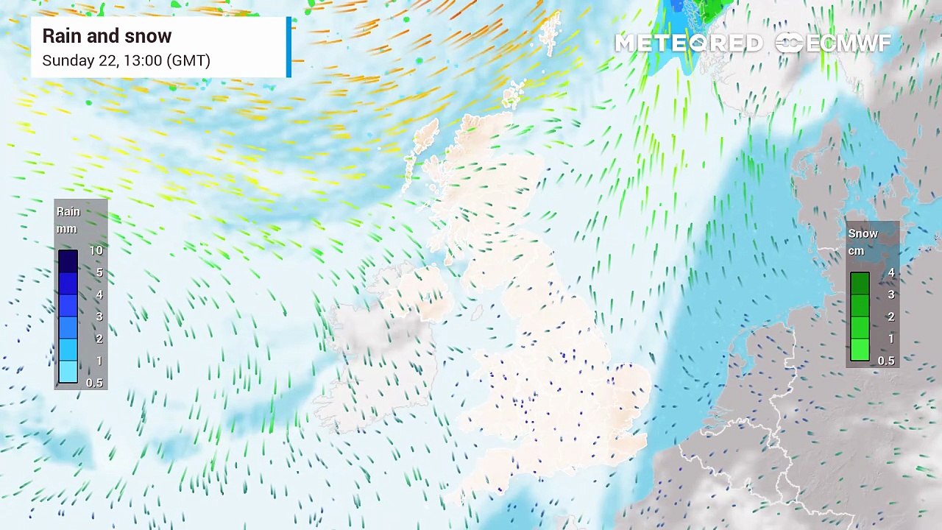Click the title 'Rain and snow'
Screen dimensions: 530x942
pyautogui.click(x=107, y=36)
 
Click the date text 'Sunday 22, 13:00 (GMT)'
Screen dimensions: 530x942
pyautogui.click(x=126, y=60)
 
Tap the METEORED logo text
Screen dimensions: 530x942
pyautogui.click(x=688, y=43)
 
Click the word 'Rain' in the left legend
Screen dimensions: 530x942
pyautogui.click(x=68, y=211)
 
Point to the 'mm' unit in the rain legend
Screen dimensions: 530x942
pyautogui.click(x=67, y=229)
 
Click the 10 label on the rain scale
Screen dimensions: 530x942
pyautogui.click(x=96, y=250)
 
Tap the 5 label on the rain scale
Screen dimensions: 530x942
pyautogui.click(x=99, y=272)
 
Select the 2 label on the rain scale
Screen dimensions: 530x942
pyautogui.click(x=99, y=339)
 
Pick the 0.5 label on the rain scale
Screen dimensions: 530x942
pyautogui.click(x=94, y=383)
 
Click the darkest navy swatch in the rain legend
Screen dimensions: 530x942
pyautogui.click(x=68, y=261)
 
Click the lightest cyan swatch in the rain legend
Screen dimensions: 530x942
pyautogui.click(x=68, y=372)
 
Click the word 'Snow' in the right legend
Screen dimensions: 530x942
pyautogui.click(x=863, y=233)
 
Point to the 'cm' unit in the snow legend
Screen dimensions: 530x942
pyautogui.click(x=856, y=251)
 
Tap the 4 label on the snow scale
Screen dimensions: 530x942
pyautogui.click(x=891, y=272)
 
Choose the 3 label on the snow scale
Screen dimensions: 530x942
pyautogui.click(x=891, y=294)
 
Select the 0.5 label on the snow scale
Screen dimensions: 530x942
pyautogui.click(x=886, y=361)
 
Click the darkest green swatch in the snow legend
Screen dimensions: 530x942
pyautogui.click(x=860, y=283)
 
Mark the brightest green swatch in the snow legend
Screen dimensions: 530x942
pyautogui.click(x=860, y=350)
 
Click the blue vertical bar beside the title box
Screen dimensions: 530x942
pyautogui.click(x=289, y=47)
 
